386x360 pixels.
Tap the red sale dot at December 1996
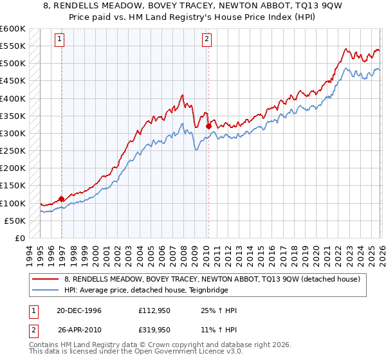tap(62, 199)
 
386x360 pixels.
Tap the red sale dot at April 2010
tap(208, 127)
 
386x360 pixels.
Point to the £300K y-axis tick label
tap(13, 133)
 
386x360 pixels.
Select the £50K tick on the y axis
tap(15, 221)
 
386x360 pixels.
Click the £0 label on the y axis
tap(19, 238)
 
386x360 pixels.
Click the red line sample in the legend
tap(46, 278)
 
